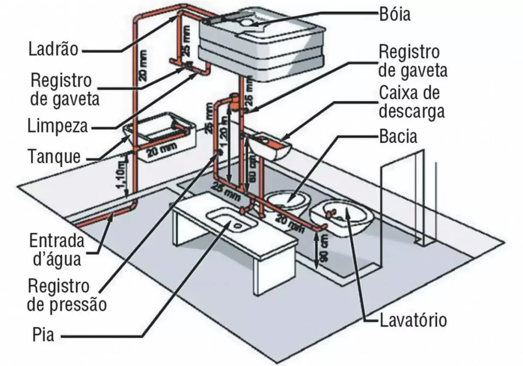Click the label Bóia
click(x=394, y=14)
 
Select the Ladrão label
click(x=53, y=50)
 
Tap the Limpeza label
click(x=58, y=126)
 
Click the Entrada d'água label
click(x=55, y=250)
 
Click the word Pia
click(x=43, y=336)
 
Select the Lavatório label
click(x=413, y=321)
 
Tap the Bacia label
click(x=398, y=137)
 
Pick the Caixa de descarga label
click(x=412, y=103)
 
